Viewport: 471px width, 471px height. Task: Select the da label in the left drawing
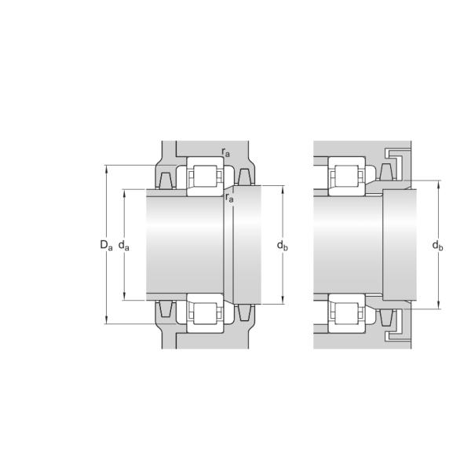pyautogui.click(x=124, y=245)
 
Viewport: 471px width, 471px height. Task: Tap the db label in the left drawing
pyautogui.click(x=283, y=246)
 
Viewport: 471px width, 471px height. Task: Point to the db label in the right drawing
pyautogui.click(x=438, y=246)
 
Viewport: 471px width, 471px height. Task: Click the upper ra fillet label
pyautogui.click(x=226, y=152)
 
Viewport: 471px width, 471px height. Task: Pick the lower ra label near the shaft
pyautogui.click(x=229, y=198)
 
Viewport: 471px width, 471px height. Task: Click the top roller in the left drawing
pyautogui.click(x=206, y=177)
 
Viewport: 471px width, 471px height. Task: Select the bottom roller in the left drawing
pyautogui.click(x=206, y=312)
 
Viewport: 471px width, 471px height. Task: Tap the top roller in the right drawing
pyautogui.click(x=347, y=177)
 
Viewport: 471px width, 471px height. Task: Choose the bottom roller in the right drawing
pyautogui.click(x=347, y=312)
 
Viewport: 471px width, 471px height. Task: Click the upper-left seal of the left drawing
pyautogui.click(x=166, y=180)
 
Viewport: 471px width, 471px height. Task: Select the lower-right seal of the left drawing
pyautogui.click(x=246, y=312)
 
